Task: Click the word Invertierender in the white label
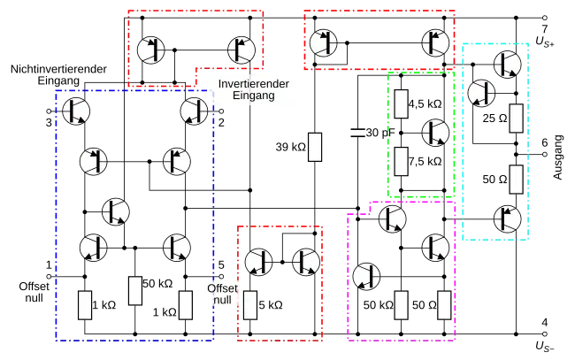point(254,83)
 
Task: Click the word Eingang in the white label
point(254,96)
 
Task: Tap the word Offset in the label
point(221,288)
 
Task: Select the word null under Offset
point(221,302)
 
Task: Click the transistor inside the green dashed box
point(434,132)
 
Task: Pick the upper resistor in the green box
point(401,103)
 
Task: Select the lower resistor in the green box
point(401,162)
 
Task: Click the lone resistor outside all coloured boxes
point(315,147)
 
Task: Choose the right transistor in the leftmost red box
point(241,50)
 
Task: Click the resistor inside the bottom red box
point(250,305)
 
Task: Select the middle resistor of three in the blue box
point(135,291)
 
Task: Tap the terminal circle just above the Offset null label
point(221,274)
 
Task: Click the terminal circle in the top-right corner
point(544,17)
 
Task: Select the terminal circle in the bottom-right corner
point(544,334)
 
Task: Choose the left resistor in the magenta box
point(401,305)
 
